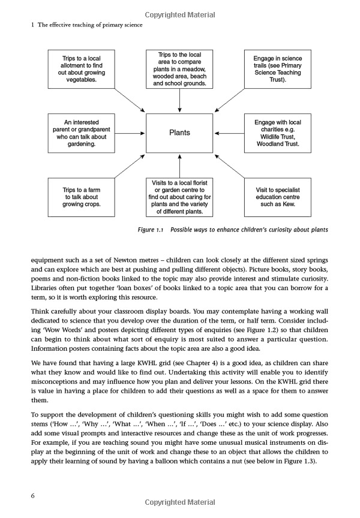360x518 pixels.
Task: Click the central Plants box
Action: coord(180,133)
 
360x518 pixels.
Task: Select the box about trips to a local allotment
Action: coord(80,69)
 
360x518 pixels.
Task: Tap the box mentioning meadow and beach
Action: coord(180,69)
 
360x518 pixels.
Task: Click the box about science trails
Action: coord(278,69)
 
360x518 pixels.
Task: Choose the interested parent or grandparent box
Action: coord(80,133)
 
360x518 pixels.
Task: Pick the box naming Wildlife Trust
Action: coord(278,133)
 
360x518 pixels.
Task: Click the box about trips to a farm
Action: coord(80,197)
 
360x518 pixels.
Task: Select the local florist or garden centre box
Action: coord(180,197)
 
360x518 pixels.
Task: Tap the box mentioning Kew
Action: coord(278,197)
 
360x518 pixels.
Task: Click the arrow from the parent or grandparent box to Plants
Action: coord(130,133)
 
